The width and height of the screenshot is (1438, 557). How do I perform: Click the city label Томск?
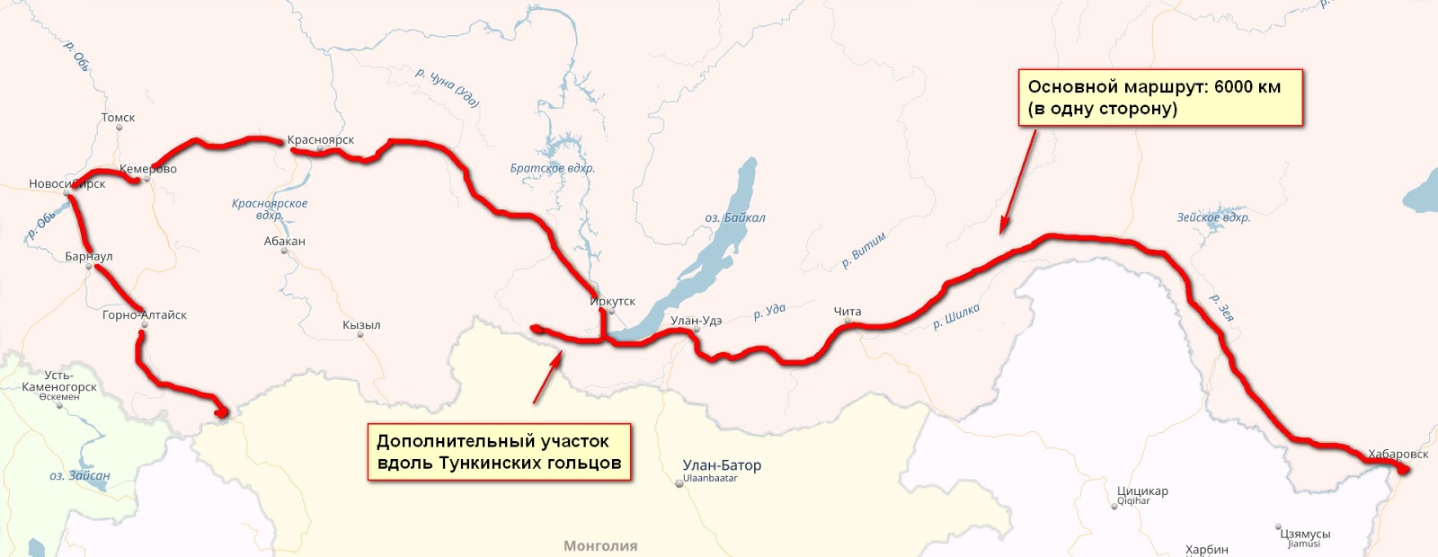(118, 118)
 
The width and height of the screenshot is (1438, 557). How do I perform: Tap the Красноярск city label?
(321, 140)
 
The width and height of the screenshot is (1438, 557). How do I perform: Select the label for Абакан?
(285, 241)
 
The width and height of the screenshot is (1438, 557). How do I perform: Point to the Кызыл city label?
(361, 325)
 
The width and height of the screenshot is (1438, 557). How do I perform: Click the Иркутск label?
(613, 302)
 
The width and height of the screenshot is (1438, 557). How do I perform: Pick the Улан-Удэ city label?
(697, 321)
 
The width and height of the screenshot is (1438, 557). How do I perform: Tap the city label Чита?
(848, 312)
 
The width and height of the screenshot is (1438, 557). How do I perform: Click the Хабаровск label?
(1398, 454)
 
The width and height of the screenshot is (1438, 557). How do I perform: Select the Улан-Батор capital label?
(722, 465)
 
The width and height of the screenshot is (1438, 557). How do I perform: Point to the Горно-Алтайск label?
(145, 315)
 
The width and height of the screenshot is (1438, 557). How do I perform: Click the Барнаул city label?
(89, 257)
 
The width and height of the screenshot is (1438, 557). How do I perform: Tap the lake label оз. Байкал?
(735, 217)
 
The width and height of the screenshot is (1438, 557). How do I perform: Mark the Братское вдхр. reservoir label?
(553, 168)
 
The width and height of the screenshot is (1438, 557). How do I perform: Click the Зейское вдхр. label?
(1213, 217)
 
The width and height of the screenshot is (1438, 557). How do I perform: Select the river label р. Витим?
(864, 250)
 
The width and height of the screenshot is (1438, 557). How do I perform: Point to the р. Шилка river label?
(956, 316)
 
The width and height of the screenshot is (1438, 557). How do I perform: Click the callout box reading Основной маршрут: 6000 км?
(1159, 98)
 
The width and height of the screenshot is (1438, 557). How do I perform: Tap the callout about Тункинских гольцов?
(499, 452)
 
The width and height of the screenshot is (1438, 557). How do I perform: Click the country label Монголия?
(600, 545)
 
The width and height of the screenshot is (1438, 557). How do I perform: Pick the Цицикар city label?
(1142, 491)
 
